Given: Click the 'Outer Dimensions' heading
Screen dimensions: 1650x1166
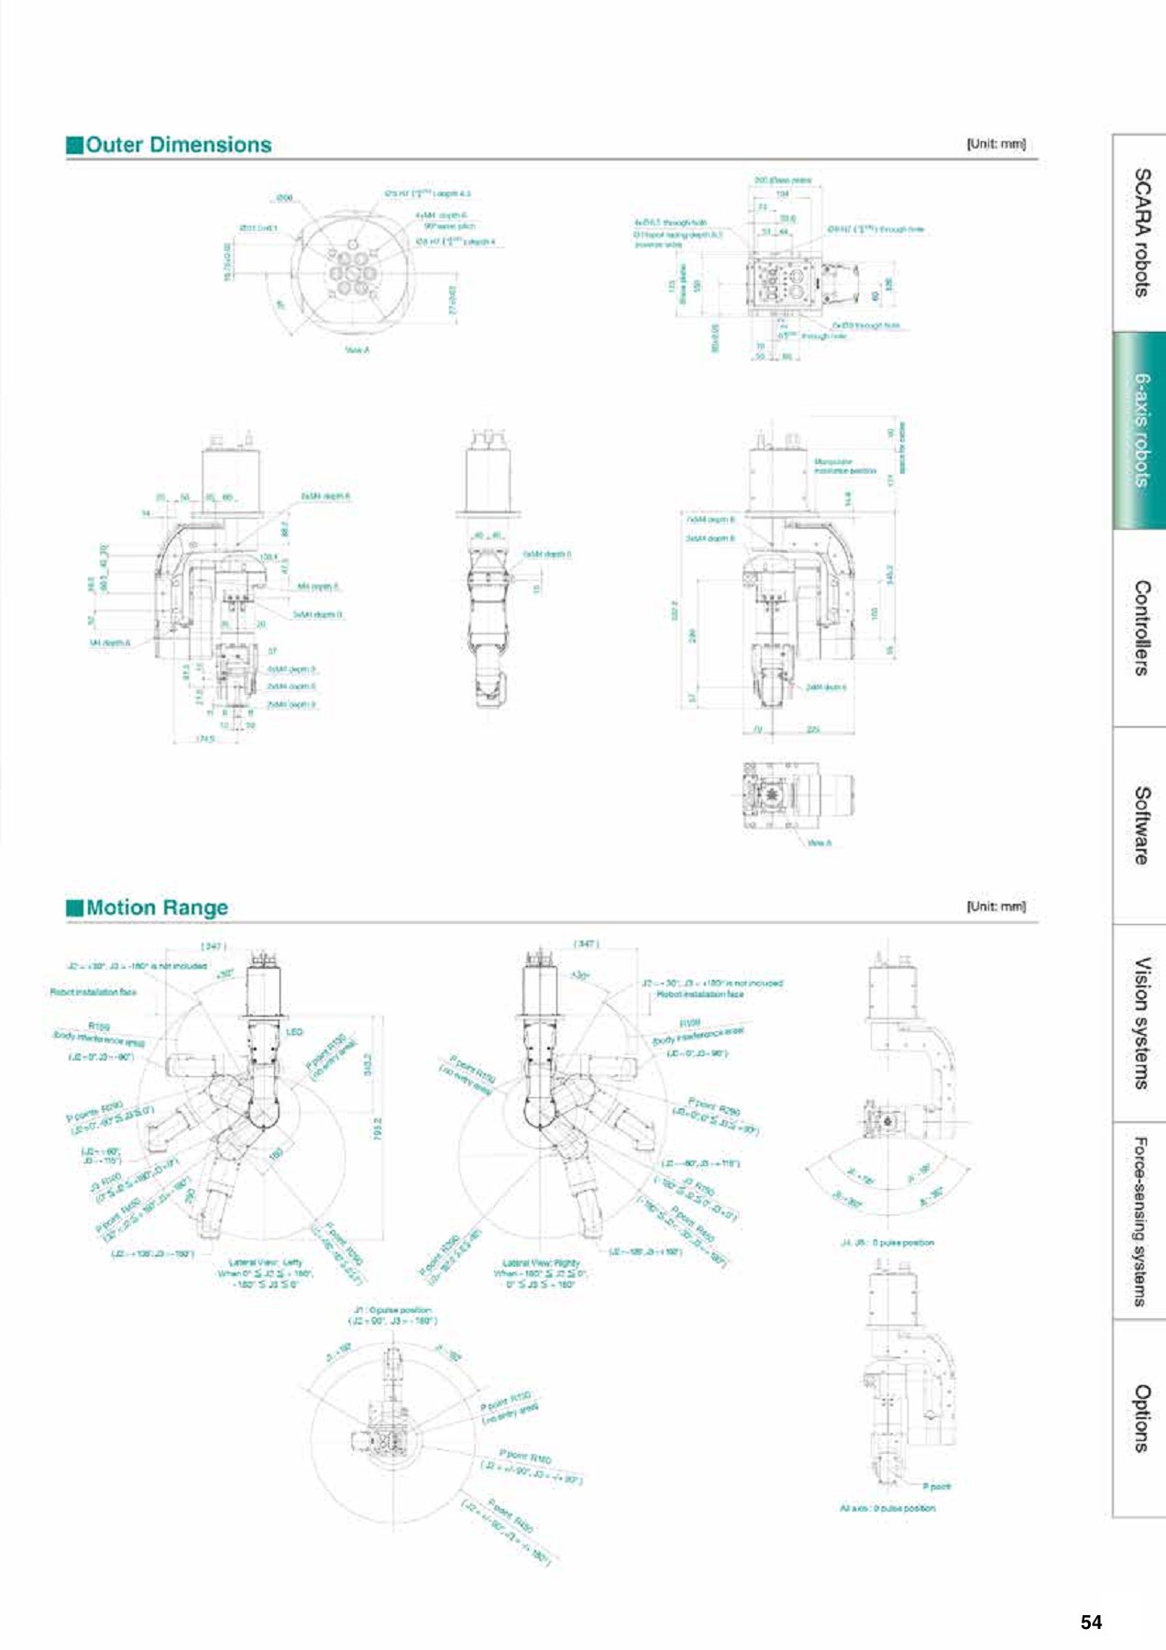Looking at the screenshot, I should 178,145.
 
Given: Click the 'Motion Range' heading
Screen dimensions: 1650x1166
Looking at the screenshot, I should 157,907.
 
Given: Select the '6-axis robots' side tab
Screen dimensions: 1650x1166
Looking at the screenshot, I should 1140,430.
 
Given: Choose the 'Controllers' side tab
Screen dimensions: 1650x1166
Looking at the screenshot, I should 1140,627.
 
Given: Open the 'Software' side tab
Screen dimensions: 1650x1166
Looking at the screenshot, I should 1140,825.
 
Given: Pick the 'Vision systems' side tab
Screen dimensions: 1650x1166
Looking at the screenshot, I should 1140,1022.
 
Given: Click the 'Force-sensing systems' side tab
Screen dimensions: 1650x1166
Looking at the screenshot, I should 1140,1220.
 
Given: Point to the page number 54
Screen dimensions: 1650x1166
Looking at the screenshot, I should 1091,1622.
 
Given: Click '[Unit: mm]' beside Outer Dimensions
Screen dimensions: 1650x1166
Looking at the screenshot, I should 995,144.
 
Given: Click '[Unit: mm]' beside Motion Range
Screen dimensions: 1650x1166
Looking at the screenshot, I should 995,907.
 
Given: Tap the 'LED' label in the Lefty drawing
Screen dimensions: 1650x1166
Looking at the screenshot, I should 294,1031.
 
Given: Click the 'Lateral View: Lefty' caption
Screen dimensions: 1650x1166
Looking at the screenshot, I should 265,1262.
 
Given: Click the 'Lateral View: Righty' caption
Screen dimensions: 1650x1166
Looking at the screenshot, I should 541,1262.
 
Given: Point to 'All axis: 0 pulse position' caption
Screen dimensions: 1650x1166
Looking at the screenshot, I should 887,1508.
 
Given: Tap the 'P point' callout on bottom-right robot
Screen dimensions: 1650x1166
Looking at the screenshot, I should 936,1486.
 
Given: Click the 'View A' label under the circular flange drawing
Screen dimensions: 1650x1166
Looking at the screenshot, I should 357,350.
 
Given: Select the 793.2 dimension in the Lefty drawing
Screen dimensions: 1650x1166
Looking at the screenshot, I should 377,1128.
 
